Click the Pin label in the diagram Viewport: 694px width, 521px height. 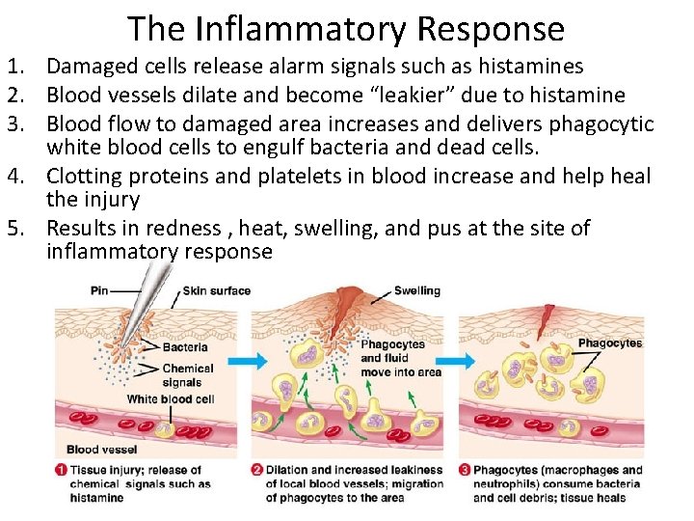(x=98, y=290)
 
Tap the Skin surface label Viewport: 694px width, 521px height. (x=217, y=290)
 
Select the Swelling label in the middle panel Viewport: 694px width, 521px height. (x=417, y=290)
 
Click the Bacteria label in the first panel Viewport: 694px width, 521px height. (x=185, y=347)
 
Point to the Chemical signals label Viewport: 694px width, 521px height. (x=188, y=375)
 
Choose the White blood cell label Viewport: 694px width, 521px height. (x=171, y=398)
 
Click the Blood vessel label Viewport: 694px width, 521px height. (x=101, y=449)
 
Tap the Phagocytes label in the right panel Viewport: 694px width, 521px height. (x=609, y=343)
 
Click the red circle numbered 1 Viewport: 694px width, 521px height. (x=61, y=470)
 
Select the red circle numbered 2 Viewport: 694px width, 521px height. (x=256, y=470)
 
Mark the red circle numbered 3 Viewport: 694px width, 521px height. (x=464, y=470)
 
